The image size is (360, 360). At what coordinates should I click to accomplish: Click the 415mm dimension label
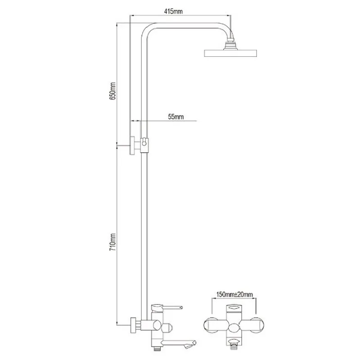point(173,11)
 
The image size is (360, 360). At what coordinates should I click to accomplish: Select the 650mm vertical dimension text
point(112,91)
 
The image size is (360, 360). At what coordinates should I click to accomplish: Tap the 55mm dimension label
point(176,117)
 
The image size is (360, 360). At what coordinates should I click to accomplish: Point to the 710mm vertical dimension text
point(112,242)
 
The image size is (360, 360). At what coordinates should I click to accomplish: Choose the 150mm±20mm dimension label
point(234,294)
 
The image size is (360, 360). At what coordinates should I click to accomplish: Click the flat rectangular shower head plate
point(230,53)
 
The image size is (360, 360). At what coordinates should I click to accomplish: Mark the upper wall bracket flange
point(132,145)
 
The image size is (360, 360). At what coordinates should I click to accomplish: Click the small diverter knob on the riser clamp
point(144,142)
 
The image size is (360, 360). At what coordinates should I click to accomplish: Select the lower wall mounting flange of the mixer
point(133,325)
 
